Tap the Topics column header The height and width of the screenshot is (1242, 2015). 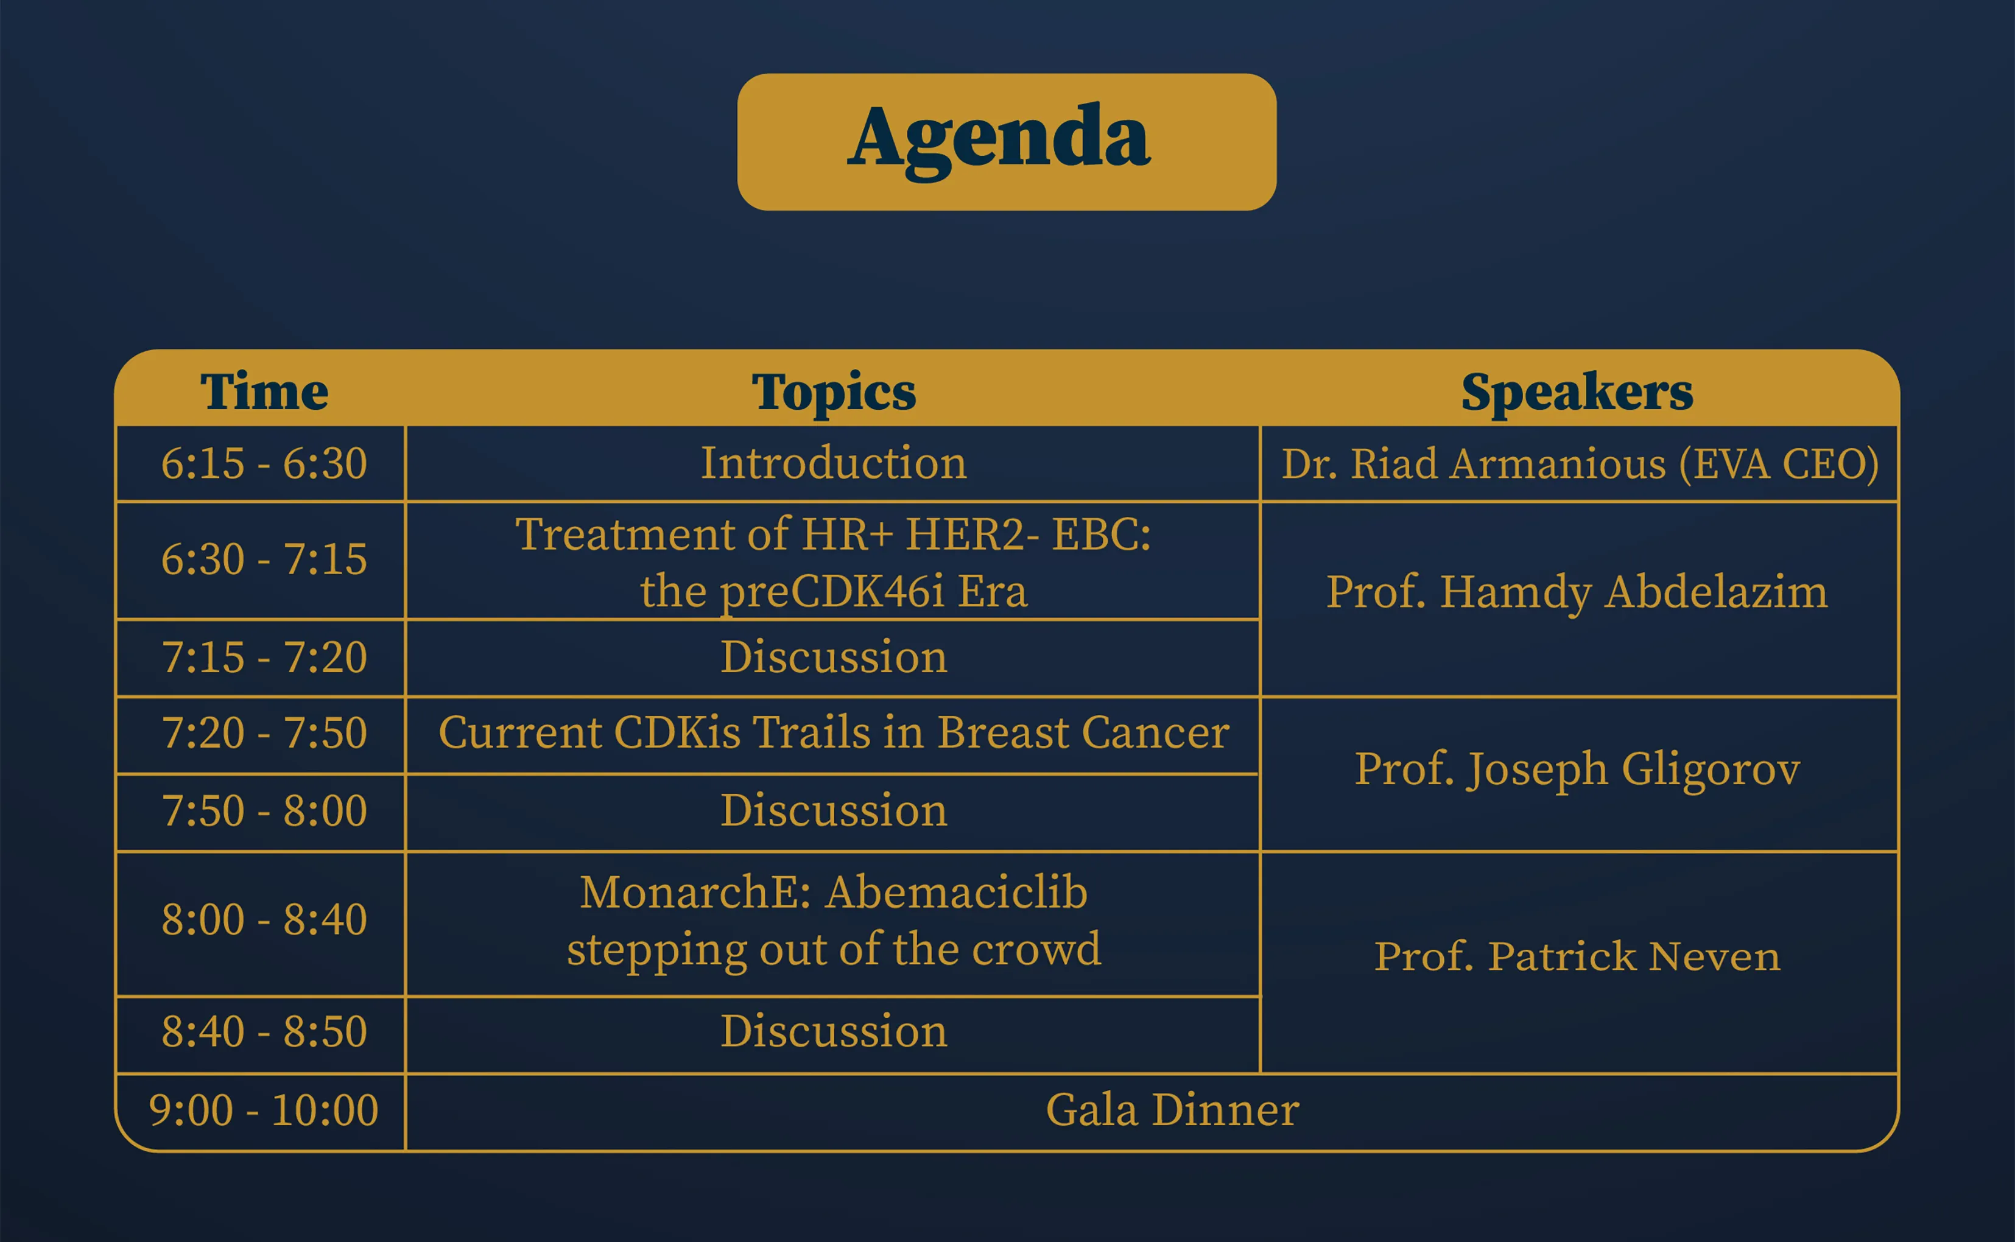pyautogui.click(x=834, y=393)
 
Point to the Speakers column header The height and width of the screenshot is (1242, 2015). pyautogui.click(x=1577, y=393)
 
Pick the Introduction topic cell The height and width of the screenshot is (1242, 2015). pyautogui.click(x=834, y=463)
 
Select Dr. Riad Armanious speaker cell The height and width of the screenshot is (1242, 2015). pyautogui.click(x=1580, y=464)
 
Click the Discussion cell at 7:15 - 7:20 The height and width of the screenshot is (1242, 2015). pyautogui.click(x=834, y=657)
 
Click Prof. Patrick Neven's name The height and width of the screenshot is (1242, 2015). pyautogui.click(x=1577, y=956)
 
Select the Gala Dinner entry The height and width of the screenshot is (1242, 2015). pyautogui.click(x=1172, y=1110)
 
